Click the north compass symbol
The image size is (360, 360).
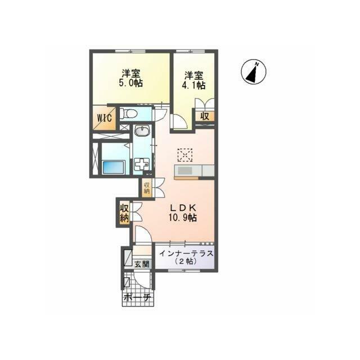click(x=254, y=71)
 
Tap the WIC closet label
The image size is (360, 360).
click(x=105, y=118)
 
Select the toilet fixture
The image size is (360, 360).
click(x=129, y=113)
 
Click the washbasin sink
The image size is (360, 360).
click(x=142, y=131)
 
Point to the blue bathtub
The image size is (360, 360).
click(x=114, y=167)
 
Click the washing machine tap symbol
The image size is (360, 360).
click(x=142, y=164)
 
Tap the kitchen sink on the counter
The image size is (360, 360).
click(x=185, y=171)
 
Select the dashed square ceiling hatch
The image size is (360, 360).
click(x=185, y=155)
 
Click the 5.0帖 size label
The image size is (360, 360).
click(x=130, y=83)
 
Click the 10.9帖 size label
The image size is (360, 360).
click(x=183, y=217)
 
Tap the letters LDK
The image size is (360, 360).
click(x=183, y=208)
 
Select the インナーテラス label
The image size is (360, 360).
click(x=186, y=254)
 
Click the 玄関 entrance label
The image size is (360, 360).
click(x=142, y=264)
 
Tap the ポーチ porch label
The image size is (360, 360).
click(x=137, y=298)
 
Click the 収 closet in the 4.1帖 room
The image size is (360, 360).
click(x=205, y=116)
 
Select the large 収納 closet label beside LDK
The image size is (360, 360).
click(x=124, y=213)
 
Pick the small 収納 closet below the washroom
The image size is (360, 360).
click(x=147, y=188)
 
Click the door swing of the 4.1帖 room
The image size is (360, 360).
click(x=179, y=121)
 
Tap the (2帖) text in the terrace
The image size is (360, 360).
click(x=186, y=261)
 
